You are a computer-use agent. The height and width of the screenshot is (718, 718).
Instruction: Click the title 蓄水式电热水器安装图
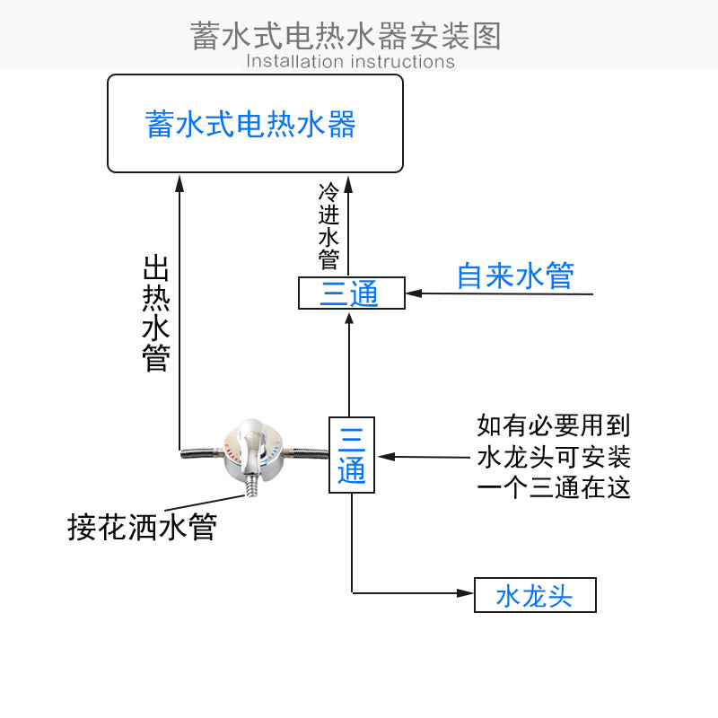tap(346, 36)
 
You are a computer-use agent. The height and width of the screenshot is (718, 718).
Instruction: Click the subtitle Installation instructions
tap(350, 62)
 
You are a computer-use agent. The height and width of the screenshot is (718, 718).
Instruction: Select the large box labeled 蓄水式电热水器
tap(255, 123)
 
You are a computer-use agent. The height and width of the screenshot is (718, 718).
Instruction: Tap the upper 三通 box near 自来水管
tap(351, 293)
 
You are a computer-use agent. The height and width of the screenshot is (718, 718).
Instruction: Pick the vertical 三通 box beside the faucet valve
tap(352, 454)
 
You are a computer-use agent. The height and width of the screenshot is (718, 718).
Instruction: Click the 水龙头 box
tap(535, 595)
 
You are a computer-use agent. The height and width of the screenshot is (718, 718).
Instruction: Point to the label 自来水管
tap(514, 276)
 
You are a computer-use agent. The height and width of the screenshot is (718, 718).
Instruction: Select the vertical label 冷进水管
tap(328, 227)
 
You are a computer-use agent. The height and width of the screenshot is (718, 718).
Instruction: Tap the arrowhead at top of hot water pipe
tap(179, 181)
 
